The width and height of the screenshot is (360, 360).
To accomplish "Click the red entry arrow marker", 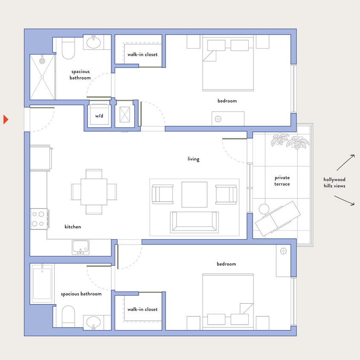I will tap(6, 119).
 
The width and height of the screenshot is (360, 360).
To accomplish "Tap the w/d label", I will tap(99, 116).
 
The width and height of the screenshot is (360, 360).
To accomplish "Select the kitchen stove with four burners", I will tap(39, 218).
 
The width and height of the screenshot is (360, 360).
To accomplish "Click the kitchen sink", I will tap(80, 247).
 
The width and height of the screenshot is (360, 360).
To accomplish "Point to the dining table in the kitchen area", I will tap(94, 192).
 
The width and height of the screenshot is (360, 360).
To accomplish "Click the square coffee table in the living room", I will tap(195, 195).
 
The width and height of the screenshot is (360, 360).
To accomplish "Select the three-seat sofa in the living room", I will tap(194, 222).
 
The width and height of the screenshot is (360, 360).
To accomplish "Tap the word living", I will tap(193, 159).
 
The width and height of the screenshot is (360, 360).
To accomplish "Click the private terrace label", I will tap(282, 181).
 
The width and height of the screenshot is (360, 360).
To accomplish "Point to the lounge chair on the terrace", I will tap(276, 218).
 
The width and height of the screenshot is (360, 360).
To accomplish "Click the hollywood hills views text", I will tap(334, 183).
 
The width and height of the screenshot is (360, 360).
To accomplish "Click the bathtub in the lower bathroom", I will tap(42, 283).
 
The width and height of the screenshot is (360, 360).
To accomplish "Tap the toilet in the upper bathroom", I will tap(68, 48).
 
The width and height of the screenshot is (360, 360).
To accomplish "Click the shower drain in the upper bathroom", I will tap(42, 61).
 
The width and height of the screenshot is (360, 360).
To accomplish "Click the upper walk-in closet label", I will tap(142, 55).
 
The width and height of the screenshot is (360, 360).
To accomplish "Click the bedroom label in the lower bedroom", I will tap(226, 264).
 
